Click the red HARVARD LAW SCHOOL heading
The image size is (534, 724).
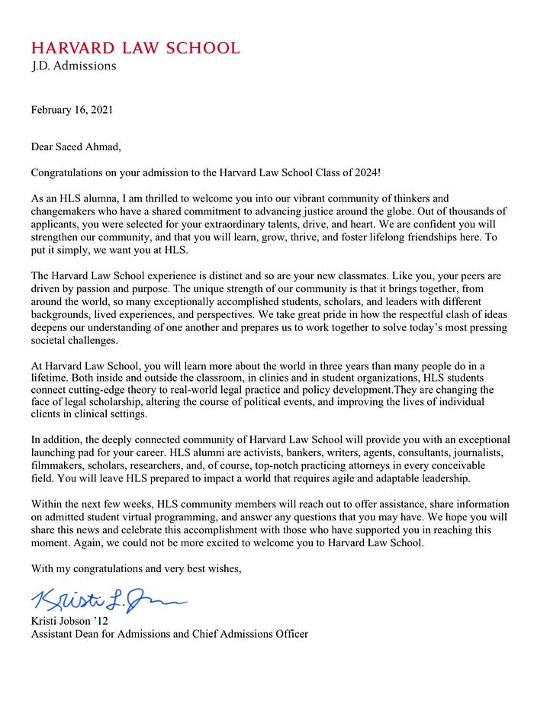135,47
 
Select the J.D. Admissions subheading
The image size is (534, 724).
74,66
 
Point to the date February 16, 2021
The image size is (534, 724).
72,110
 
